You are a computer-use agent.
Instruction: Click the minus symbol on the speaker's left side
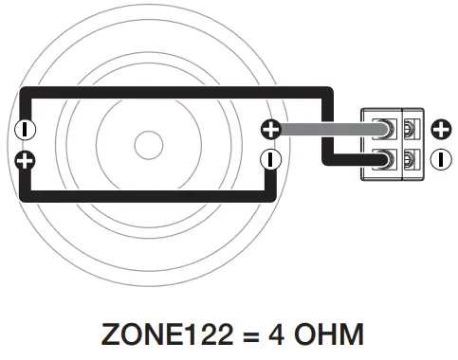coord(27,129)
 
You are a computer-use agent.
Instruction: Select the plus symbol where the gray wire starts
coord(271,129)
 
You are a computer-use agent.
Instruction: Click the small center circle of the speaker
coord(148,145)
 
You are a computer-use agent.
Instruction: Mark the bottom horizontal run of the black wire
coord(142,197)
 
